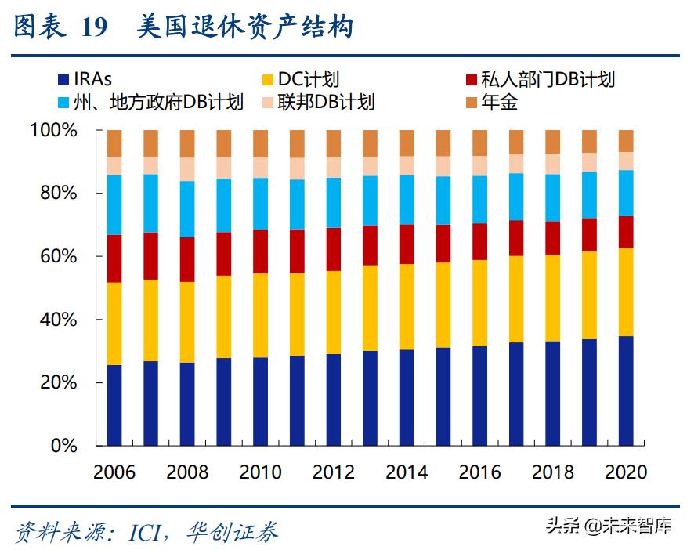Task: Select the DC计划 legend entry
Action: tap(302, 79)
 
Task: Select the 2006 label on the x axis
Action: tap(114, 472)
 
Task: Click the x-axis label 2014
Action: tap(407, 472)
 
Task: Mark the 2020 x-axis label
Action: tap(626, 472)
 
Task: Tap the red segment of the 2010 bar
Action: tap(260, 251)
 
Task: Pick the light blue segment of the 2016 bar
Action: tap(479, 199)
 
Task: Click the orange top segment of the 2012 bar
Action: tap(334, 143)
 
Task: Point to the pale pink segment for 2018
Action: tap(553, 163)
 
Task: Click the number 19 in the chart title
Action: tap(95, 28)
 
